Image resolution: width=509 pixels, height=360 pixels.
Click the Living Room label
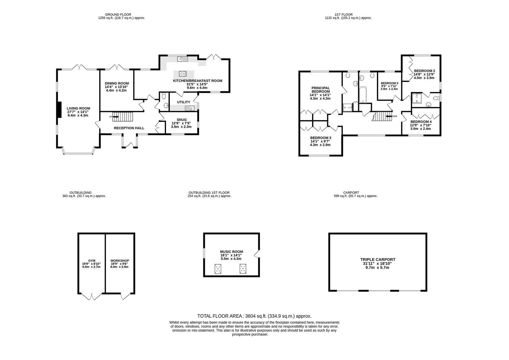tap(78, 109)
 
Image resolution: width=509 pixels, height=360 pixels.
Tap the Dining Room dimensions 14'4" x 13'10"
tap(116, 87)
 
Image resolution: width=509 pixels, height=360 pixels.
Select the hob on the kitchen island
tap(183, 74)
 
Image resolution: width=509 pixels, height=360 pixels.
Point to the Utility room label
tap(184, 102)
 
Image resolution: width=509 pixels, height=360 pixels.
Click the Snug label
tap(182, 120)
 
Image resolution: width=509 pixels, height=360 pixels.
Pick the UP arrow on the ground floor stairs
tap(115, 117)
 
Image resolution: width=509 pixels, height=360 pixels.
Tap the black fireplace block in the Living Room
tap(59, 109)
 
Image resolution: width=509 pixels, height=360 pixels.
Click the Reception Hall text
tap(129, 128)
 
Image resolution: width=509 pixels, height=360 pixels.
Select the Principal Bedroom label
tap(320, 89)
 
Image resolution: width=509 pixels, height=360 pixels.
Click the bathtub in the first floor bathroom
tap(363, 95)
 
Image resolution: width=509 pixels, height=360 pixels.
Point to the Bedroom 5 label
tap(389, 83)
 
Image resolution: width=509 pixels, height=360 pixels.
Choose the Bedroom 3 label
tap(321, 138)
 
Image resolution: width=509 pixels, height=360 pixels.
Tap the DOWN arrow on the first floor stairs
tap(389, 116)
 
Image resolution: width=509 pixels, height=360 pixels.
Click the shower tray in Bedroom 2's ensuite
tap(417, 98)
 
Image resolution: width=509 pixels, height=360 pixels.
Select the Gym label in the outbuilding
tap(92, 261)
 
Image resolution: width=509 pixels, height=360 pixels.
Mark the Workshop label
tap(120, 261)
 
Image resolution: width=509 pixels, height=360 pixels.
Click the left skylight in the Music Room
tap(218, 269)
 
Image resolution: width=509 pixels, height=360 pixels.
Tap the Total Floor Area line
tap(254, 316)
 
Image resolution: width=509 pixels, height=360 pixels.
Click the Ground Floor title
tap(118, 15)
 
